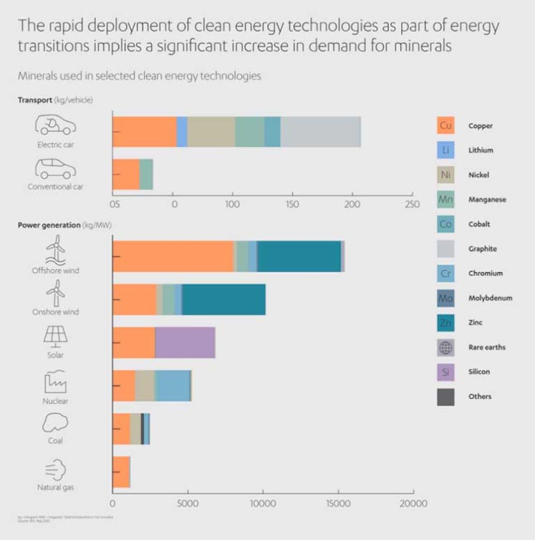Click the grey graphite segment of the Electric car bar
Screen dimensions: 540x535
pyautogui.click(x=320, y=131)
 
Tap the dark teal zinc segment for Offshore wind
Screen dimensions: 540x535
pyautogui.click(x=299, y=256)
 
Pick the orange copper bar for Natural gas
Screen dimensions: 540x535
pyautogui.click(x=121, y=472)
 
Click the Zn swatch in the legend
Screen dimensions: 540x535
pyautogui.click(x=445, y=323)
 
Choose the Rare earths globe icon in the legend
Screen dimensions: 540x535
pyautogui.click(x=445, y=347)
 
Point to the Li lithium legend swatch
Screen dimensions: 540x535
pyautogui.click(x=445, y=150)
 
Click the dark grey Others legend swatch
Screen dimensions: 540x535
pyautogui.click(x=445, y=397)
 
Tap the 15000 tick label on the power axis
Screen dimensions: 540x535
pyautogui.click(x=338, y=503)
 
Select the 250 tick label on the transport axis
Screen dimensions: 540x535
pyautogui.click(x=412, y=205)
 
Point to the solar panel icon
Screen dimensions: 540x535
pyautogui.click(x=56, y=337)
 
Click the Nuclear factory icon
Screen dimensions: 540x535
pyautogui.click(x=56, y=382)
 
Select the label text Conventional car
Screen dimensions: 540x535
pyautogui.click(x=56, y=187)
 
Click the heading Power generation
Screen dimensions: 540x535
pyautogui.click(x=49, y=225)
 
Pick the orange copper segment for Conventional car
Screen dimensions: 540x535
pyautogui.click(x=126, y=175)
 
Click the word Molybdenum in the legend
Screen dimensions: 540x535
pyautogui.click(x=490, y=298)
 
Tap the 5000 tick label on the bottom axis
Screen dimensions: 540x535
pyautogui.click(x=188, y=503)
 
